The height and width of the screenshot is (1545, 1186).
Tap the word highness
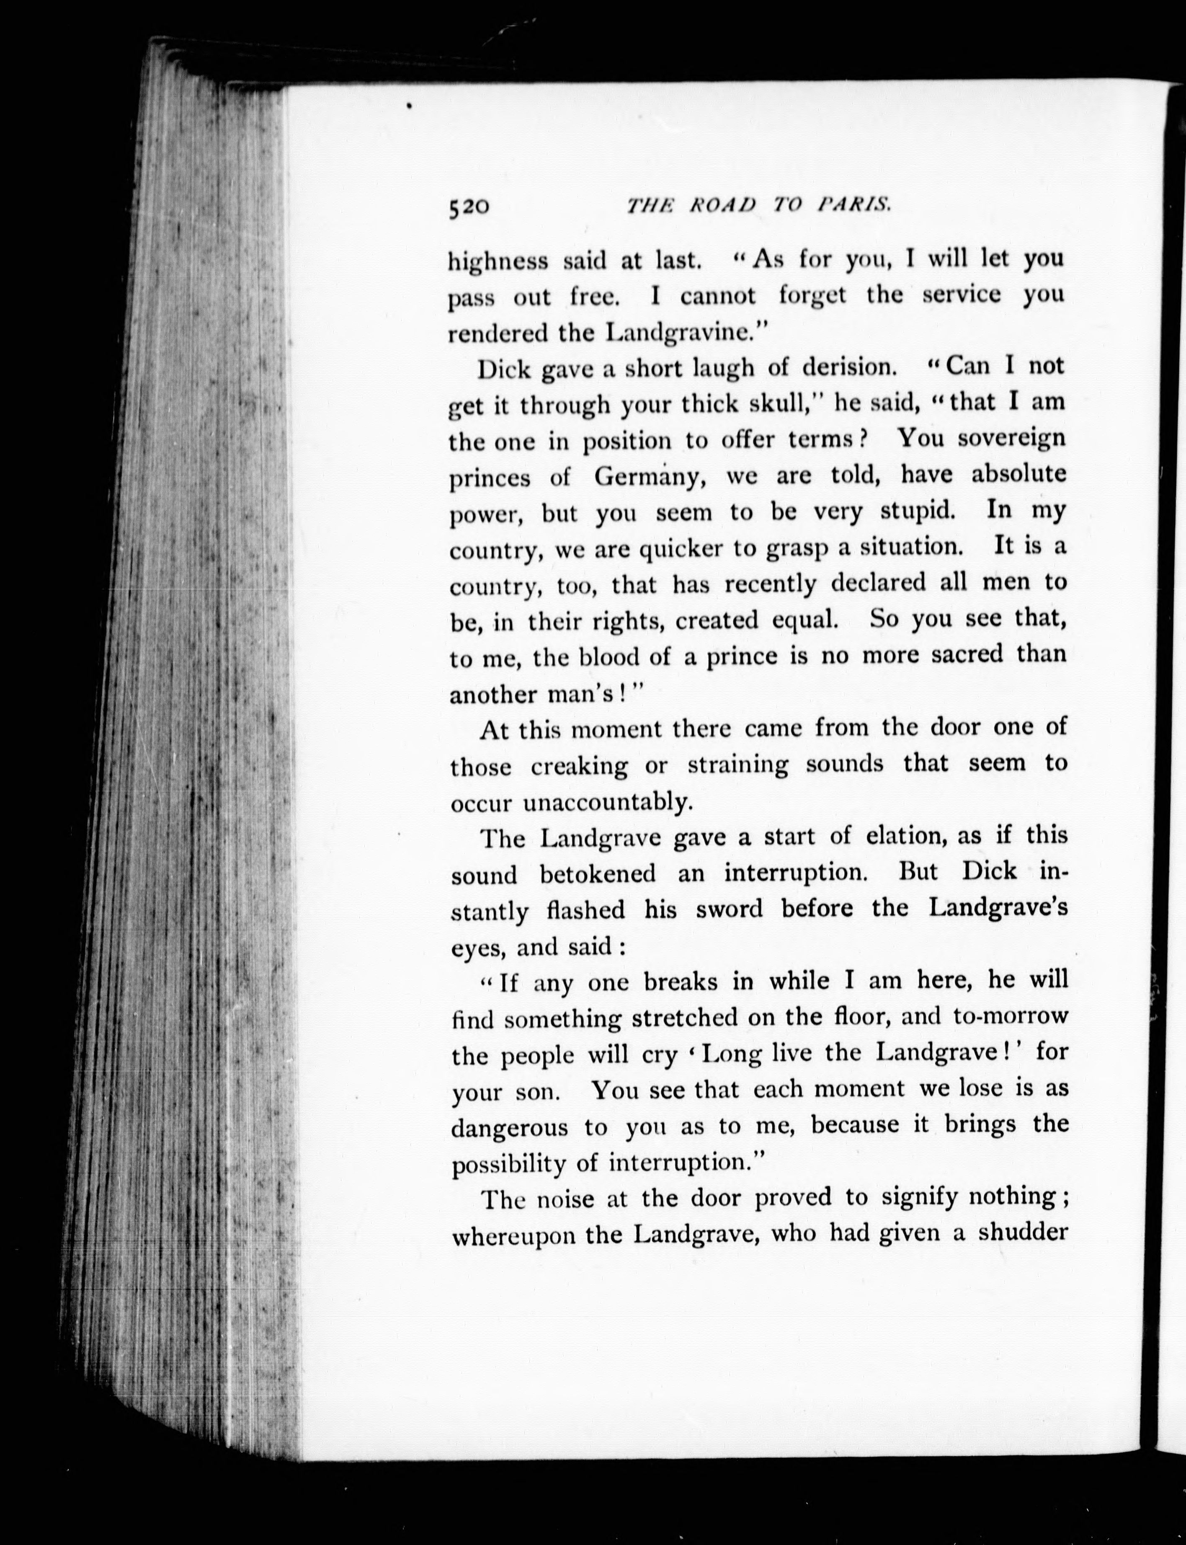click(x=498, y=261)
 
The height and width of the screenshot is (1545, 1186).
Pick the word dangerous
click(x=509, y=1128)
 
